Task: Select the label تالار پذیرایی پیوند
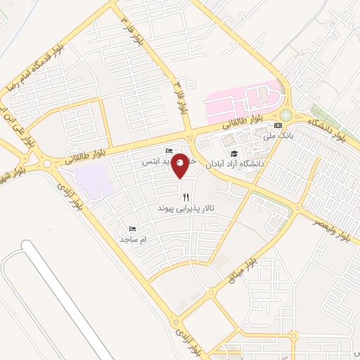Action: click(x=185, y=210)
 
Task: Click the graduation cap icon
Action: click(x=233, y=154)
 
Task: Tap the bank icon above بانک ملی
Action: click(x=277, y=125)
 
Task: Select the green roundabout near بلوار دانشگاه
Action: click(x=285, y=115)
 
